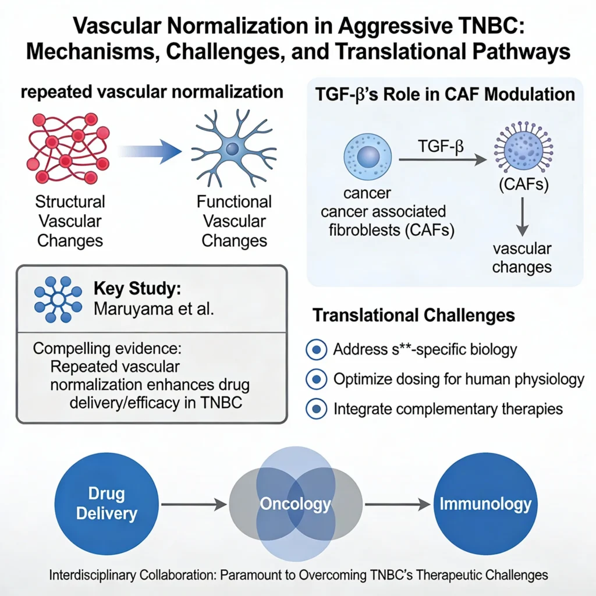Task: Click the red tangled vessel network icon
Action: [x=67, y=147]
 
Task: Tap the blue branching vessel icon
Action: [x=233, y=148]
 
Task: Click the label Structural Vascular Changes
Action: [x=69, y=221]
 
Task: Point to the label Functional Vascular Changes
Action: [x=233, y=221]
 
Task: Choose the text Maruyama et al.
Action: [x=154, y=308]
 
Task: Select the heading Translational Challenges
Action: [x=414, y=315]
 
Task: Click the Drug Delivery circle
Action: [x=107, y=504]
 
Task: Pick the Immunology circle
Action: [x=485, y=503]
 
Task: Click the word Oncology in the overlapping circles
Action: [x=295, y=503]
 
